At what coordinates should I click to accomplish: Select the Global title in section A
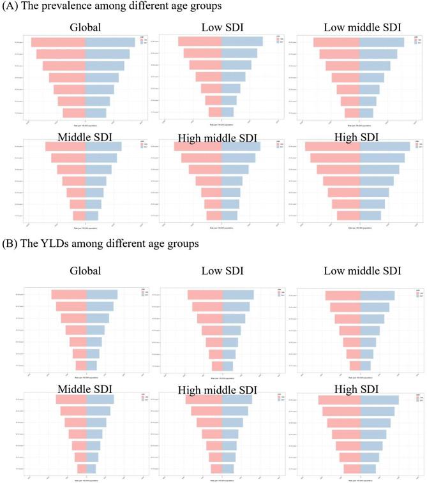tap(87, 27)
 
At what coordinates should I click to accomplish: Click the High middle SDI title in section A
tap(220, 138)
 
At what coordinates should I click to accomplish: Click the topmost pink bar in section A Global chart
tap(58, 42)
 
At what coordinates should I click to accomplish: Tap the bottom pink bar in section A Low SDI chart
tap(215, 112)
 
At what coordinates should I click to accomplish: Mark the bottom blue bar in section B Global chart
tap(91, 366)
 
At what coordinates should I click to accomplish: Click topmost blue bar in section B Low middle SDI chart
tap(377, 295)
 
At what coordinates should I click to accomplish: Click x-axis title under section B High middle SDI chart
tap(221, 480)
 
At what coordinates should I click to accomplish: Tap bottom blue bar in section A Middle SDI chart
tap(92, 216)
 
